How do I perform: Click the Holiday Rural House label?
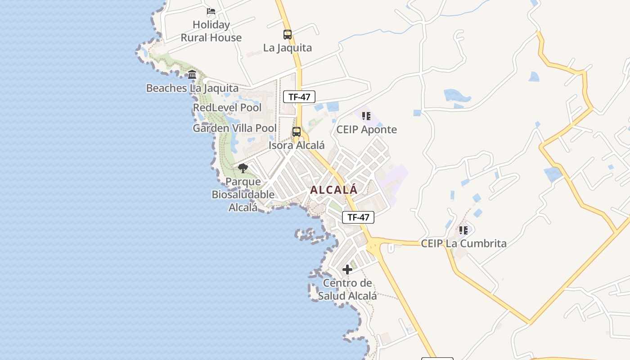pyautogui.click(x=211, y=31)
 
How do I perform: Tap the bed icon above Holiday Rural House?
pyautogui.click(x=211, y=11)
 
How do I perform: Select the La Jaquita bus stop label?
pyautogui.click(x=287, y=48)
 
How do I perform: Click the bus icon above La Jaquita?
pyautogui.click(x=287, y=34)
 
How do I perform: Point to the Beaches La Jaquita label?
pyautogui.click(x=192, y=88)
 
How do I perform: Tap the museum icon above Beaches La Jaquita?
pyautogui.click(x=192, y=74)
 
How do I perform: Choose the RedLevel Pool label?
pyautogui.click(x=227, y=108)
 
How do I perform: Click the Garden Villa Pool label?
pyautogui.click(x=234, y=128)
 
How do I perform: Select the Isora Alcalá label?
pyautogui.click(x=297, y=145)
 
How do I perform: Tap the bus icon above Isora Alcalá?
pyautogui.click(x=297, y=132)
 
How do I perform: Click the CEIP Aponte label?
pyautogui.click(x=367, y=130)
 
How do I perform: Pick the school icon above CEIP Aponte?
pyautogui.click(x=366, y=116)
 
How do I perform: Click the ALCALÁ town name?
pyautogui.click(x=334, y=190)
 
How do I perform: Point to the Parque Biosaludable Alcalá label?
pyautogui.click(x=243, y=194)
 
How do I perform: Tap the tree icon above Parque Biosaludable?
pyautogui.click(x=243, y=168)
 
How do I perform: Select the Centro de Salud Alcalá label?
pyautogui.click(x=347, y=289)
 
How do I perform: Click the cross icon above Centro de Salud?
pyautogui.click(x=347, y=270)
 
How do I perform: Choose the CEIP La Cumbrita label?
pyautogui.click(x=463, y=243)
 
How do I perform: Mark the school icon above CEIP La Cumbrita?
pyautogui.click(x=463, y=230)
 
